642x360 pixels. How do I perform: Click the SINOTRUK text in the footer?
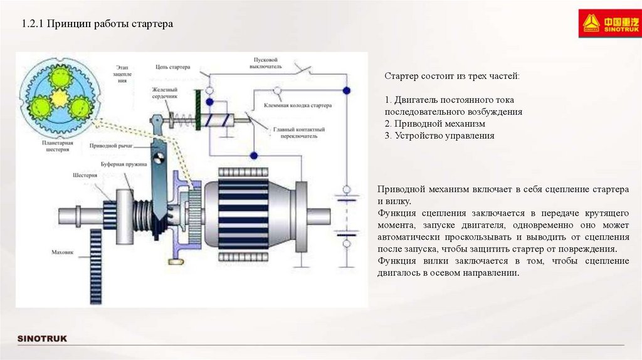[41, 339]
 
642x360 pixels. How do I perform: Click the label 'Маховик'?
[63, 253]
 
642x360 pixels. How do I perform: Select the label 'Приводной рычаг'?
[110, 145]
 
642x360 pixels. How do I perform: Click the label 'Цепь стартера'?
[171, 66]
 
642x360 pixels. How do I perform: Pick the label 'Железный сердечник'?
[165, 93]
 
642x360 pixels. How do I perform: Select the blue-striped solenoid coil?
[219, 119]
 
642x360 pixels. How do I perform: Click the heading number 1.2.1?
[31, 24]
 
